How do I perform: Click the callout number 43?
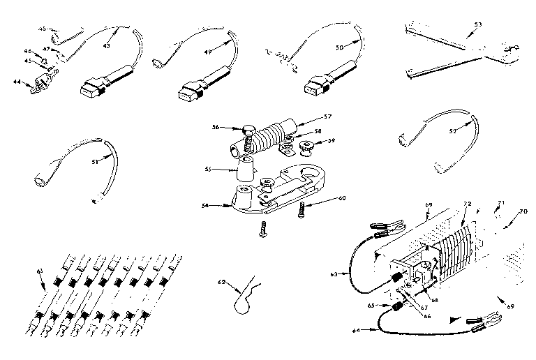click(x=107, y=47)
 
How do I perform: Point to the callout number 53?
click(x=477, y=25)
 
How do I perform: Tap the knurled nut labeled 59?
click(x=306, y=149)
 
